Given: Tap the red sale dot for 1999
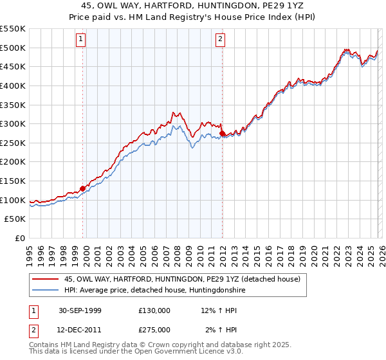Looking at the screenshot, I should [83, 188].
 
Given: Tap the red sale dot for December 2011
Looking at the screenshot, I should [222, 133].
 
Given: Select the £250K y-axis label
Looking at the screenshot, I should [13, 143].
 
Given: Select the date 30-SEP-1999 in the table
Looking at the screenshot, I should [77, 310].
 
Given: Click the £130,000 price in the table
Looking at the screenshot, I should [154, 310].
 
